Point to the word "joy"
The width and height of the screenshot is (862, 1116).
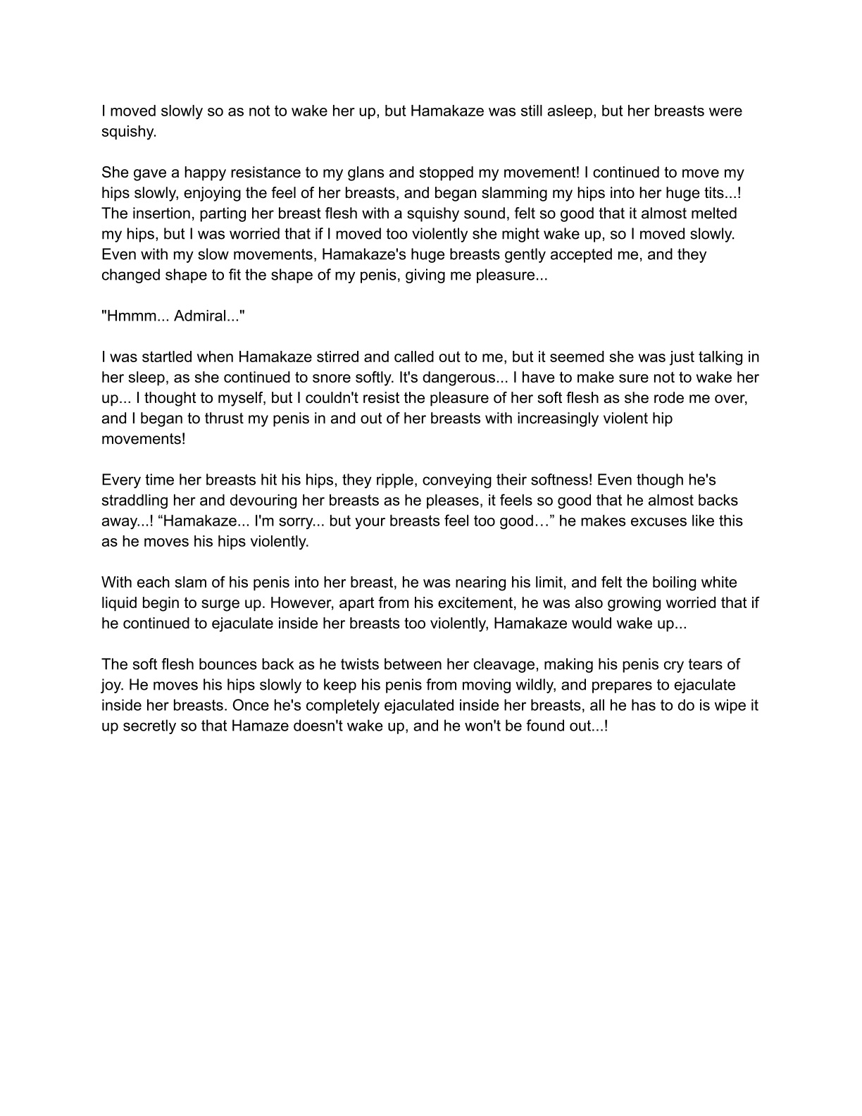click(x=113, y=685)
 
